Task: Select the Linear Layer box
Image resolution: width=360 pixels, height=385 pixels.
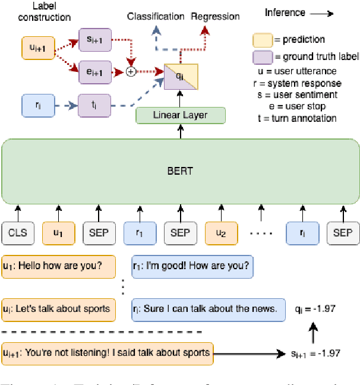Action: coord(181,115)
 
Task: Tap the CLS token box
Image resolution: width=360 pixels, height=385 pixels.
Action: coord(18,232)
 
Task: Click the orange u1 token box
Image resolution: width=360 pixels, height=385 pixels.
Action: coord(58,232)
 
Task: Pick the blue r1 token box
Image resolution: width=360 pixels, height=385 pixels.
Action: coord(140,232)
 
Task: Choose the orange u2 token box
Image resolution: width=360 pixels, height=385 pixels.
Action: coord(220,232)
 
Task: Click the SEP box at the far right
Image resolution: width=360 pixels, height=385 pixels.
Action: coord(343,232)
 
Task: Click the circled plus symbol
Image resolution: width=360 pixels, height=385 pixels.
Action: coord(131,72)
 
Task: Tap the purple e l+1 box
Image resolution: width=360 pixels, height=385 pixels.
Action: coord(94,72)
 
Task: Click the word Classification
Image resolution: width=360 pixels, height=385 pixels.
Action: coord(156,16)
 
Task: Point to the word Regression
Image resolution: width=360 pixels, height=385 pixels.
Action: coord(215,16)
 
